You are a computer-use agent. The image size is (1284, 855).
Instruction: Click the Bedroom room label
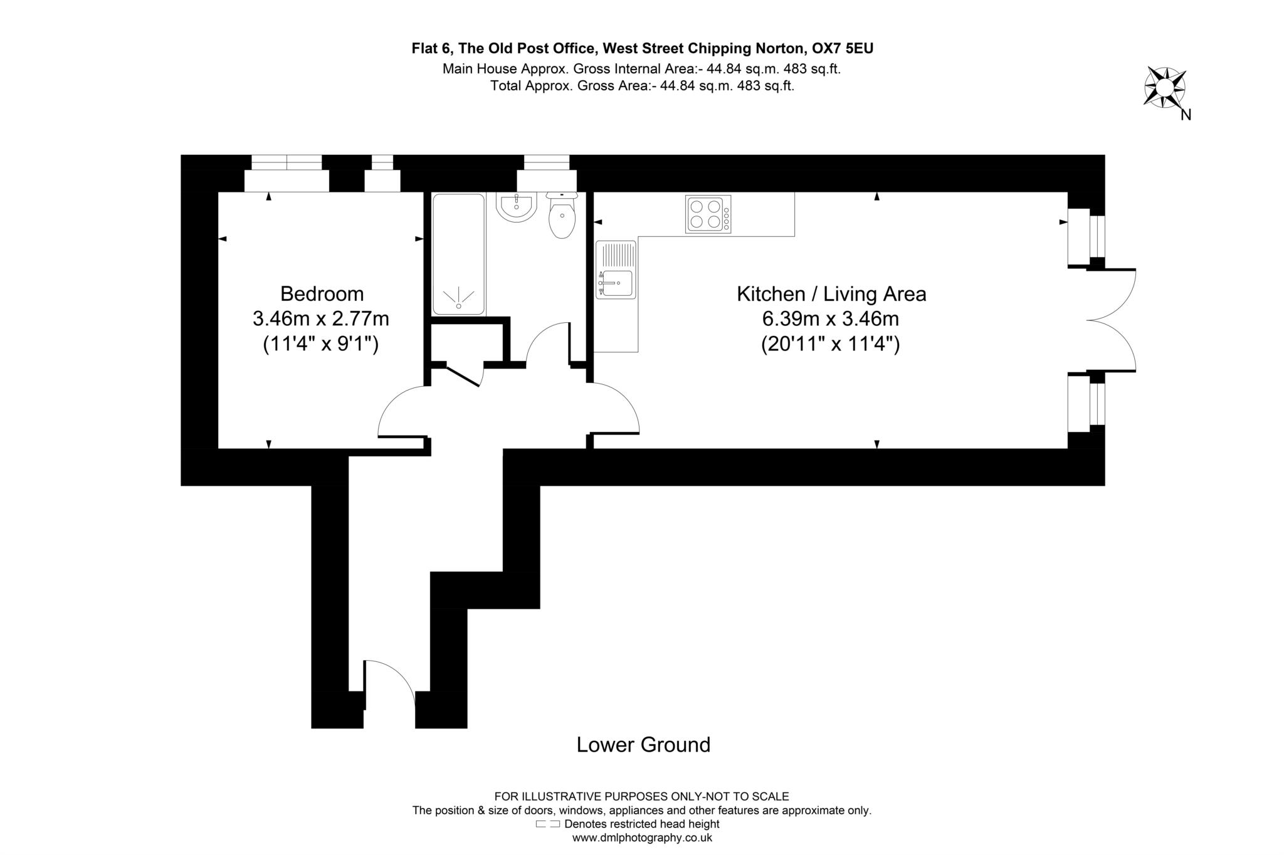(x=322, y=293)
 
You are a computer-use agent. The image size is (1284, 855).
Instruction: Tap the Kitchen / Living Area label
(x=831, y=293)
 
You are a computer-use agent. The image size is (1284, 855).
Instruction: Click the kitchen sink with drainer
(x=616, y=270)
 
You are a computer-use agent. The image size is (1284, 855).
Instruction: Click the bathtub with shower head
(x=458, y=254)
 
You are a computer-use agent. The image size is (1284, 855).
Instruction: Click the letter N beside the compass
(x=1186, y=115)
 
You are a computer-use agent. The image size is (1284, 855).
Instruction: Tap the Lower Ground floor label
(x=643, y=745)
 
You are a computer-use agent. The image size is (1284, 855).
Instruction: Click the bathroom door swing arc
(x=547, y=342)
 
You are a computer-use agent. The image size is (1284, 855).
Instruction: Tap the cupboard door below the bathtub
(x=464, y=374)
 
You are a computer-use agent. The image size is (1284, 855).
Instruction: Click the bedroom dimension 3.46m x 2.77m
(x=320, y=319)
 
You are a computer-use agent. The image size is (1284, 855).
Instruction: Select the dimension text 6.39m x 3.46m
(x=830, y=319)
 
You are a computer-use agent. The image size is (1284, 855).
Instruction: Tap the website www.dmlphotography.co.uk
(x=641, y=837)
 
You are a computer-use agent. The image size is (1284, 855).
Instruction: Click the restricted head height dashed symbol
(x=547, y=824)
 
